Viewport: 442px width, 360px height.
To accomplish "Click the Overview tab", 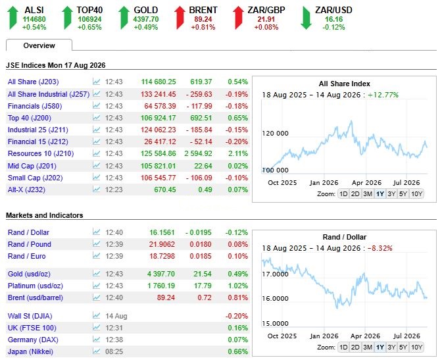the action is pyautogui.click(x=39, y=45).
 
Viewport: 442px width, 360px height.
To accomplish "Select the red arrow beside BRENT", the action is pyautogui.click(x=180, y=18).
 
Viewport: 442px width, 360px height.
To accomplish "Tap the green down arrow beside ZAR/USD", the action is pyautogui.click(x=306, y=18).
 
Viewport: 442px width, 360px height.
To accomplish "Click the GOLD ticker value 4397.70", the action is pyautogui.click(x=146, y=19).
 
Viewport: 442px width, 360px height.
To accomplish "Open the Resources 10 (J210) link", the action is pyautogui.click(x=41, y=153).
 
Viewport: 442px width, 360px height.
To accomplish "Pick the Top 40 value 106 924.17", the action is pyautogui.click(x=158, y=118).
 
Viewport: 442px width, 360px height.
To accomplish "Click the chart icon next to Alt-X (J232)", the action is pyautogui.click(x=97, y=189).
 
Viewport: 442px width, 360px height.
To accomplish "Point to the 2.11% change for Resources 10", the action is pyautogui.click(x=238, y=153).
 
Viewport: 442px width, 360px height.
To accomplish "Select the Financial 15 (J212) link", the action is pyautogui.click(x=37, y=141).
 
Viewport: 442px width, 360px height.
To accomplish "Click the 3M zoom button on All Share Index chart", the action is pyautogui.click(x=368, y=194).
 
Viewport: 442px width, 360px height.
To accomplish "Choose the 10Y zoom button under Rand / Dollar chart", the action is pyautogui.click(x=416, y=347).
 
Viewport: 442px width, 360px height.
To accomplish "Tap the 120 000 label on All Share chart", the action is pyautogui.click(x=276, y=133).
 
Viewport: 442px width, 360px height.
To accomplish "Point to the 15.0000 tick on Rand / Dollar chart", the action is pyautogui.click(x=276, y=323).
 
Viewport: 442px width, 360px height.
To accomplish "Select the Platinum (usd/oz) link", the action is pyautogui.click(x=36, y=286).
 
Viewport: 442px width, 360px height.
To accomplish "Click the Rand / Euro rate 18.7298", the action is pyautogui.click(x=162, y=256).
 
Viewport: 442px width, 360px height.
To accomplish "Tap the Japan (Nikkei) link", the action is pyautogui.click(x=30, y=351).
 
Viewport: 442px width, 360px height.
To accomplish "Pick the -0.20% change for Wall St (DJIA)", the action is pyautogui.click(x=237, y=316).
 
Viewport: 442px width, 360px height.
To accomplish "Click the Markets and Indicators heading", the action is pyautogui.click(x=45, y=215).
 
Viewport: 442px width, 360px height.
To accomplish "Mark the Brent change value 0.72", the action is pyautogui.click(x=205, y=297).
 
